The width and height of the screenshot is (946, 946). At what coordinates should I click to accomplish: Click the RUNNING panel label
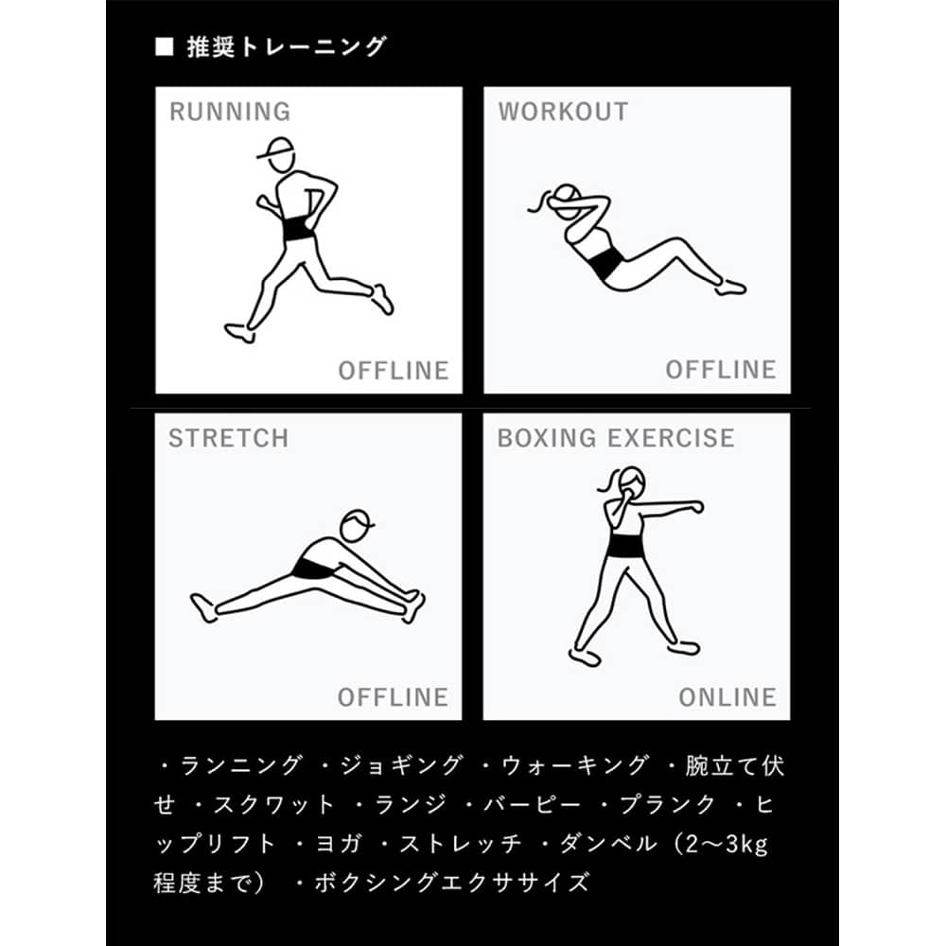click(230, 112)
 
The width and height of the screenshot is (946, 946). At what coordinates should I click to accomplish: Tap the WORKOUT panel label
click(563, 112)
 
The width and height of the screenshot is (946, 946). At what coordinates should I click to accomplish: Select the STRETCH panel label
click(229, 439)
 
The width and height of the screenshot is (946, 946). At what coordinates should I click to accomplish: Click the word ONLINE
click(727, 697)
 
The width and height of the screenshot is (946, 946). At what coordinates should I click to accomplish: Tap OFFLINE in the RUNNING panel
click(394, 371)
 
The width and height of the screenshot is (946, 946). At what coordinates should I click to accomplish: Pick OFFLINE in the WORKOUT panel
click(721, 370)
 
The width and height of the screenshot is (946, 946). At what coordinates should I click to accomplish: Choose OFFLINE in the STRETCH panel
click(393, 697)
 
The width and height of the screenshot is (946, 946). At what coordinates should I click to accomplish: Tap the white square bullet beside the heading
click(164, 47)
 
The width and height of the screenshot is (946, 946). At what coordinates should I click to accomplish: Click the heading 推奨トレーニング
click(286, 47)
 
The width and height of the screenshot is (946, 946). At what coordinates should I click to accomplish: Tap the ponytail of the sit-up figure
click(540, 202)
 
